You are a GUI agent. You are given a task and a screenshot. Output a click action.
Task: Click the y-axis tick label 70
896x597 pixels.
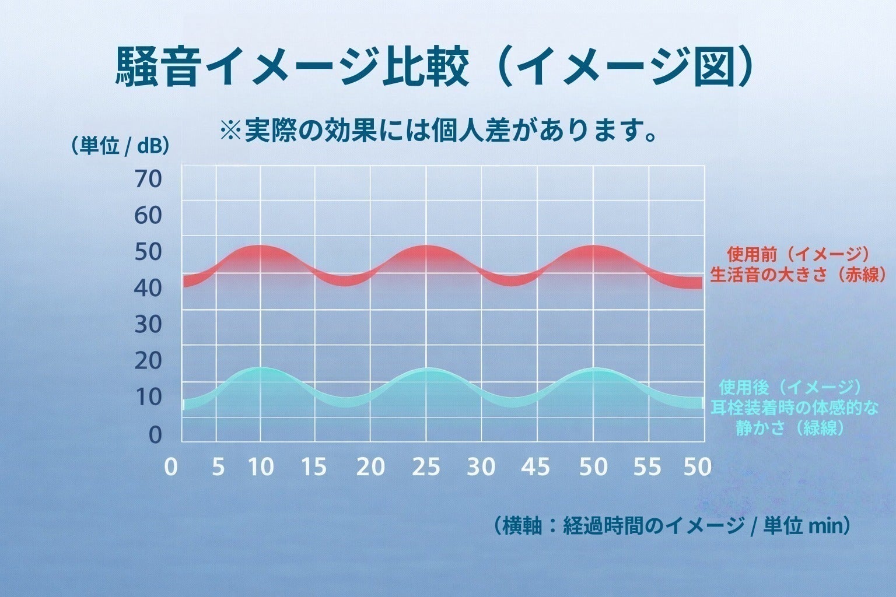click(148, 179)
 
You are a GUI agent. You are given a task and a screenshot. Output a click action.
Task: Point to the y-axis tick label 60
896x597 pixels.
click(148, 216)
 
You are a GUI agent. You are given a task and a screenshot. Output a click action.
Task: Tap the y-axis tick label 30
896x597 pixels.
click(148, 325)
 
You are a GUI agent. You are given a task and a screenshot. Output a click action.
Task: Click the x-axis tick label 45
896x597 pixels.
click(536, 467)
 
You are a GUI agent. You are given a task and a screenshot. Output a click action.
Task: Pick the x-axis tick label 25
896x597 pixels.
click(426, 467)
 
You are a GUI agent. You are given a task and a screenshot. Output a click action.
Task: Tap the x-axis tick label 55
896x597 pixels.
click(647, 467)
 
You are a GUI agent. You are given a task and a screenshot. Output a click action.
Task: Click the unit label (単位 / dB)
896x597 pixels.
click(120, 146)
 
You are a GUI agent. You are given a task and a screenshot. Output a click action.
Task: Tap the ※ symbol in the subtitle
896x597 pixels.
click(231, 131)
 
